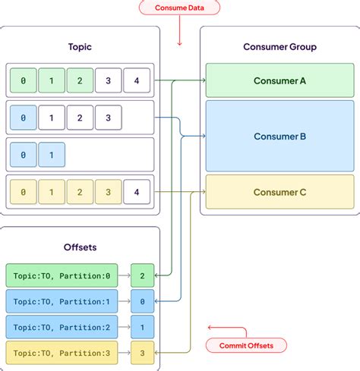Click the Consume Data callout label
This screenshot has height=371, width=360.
point(179,8)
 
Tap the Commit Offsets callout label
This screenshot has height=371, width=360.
point(246,345)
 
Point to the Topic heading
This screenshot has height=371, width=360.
point(80,46)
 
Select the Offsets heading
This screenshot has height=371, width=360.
point(80,247)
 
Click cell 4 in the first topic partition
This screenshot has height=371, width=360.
point(137,80)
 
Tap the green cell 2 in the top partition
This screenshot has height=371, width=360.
point(80,80)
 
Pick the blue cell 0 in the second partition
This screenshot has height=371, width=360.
point(23,118)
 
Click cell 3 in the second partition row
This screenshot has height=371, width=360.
point(109,118)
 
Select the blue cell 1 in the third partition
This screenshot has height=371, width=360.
point(52,155)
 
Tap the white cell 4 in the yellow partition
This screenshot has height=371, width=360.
point(137,192)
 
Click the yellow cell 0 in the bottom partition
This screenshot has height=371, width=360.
point(23,192)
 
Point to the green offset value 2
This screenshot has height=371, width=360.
point(142,275)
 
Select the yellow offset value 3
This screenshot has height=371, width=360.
point(142,352)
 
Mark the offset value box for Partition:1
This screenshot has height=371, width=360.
point(142,300)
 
